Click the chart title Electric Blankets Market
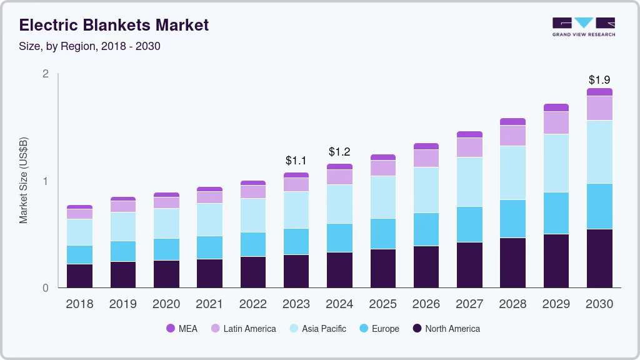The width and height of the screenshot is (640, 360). click(x=114, y=25)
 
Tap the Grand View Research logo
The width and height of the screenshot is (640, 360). click(x=583, y=27)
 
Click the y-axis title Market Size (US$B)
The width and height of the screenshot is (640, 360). click(x=24, y=181)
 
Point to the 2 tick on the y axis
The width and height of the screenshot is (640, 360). click(x=46, y=74)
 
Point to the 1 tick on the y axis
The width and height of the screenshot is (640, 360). click(x=46, y=181)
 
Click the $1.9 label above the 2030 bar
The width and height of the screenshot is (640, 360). click(x=599, y=80)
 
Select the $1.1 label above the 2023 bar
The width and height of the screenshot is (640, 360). click(x=296, y=161)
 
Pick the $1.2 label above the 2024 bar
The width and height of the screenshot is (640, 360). click(x=339, y=152)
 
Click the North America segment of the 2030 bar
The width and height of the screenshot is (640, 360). click(x=599, y=258)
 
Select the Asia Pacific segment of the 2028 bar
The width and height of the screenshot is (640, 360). click(x=512, y=172)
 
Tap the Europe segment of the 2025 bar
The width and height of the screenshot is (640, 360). click(x=382, y=234)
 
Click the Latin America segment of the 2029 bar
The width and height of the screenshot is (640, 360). click(x=556, y=122)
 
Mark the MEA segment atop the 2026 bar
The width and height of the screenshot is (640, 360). click(x=426, y=146)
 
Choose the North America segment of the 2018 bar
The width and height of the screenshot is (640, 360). click(x=79, y=276)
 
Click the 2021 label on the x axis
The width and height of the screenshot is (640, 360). click(x=209, y=304)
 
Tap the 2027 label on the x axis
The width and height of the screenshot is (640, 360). click(x=469, y=304)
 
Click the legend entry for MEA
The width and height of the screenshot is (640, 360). click(x=181, y=329)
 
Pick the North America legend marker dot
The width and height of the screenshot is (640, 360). click(x=417, y=329)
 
